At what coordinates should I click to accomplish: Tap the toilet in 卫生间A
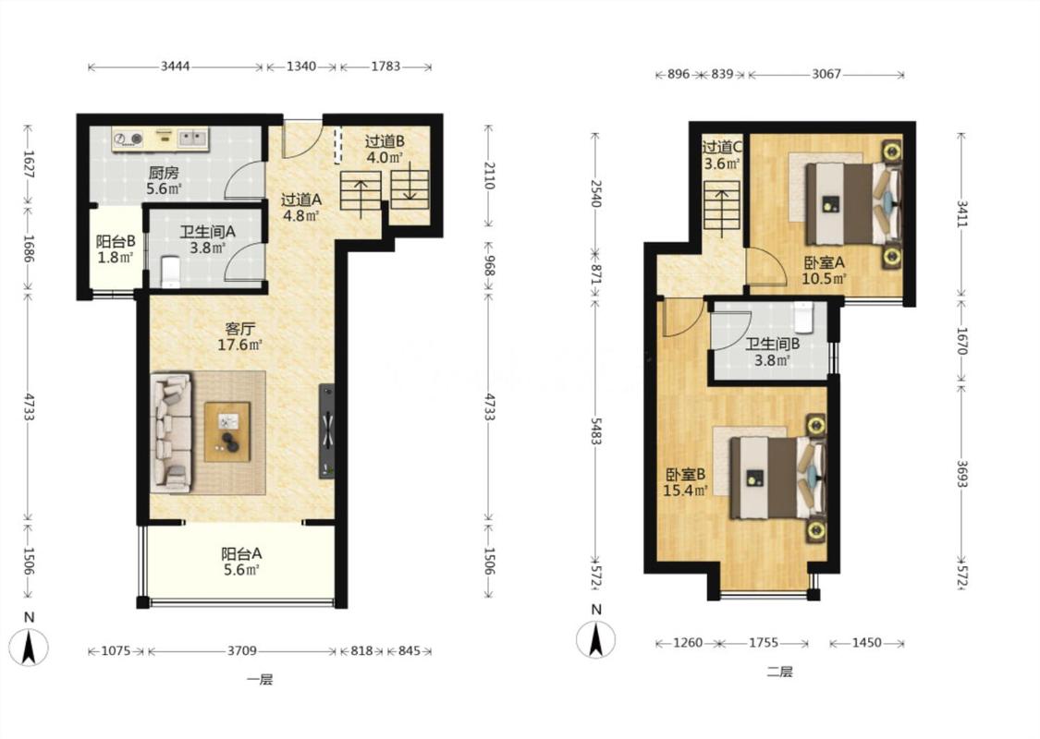(x=170, y=273)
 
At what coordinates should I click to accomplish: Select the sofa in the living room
(x=171, y=433)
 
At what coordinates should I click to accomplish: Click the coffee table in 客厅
(x=226, y=431)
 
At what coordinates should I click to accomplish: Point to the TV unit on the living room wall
(x=326, y=430)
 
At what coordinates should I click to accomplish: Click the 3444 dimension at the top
(x=175, y=67)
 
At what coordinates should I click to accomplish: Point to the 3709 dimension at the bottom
(x=241, y=651)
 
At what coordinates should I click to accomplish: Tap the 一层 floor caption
(x=260, y=679)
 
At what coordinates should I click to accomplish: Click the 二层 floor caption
(x=779, y=672)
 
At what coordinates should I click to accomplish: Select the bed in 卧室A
(x=853, y=203)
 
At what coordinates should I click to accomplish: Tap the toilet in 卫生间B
(x=803, y=317)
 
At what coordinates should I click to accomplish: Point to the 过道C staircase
(x=722, y=206)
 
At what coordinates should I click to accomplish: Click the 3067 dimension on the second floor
(x=826, y=74)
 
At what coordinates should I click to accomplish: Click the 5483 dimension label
(x=596, y=430)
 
